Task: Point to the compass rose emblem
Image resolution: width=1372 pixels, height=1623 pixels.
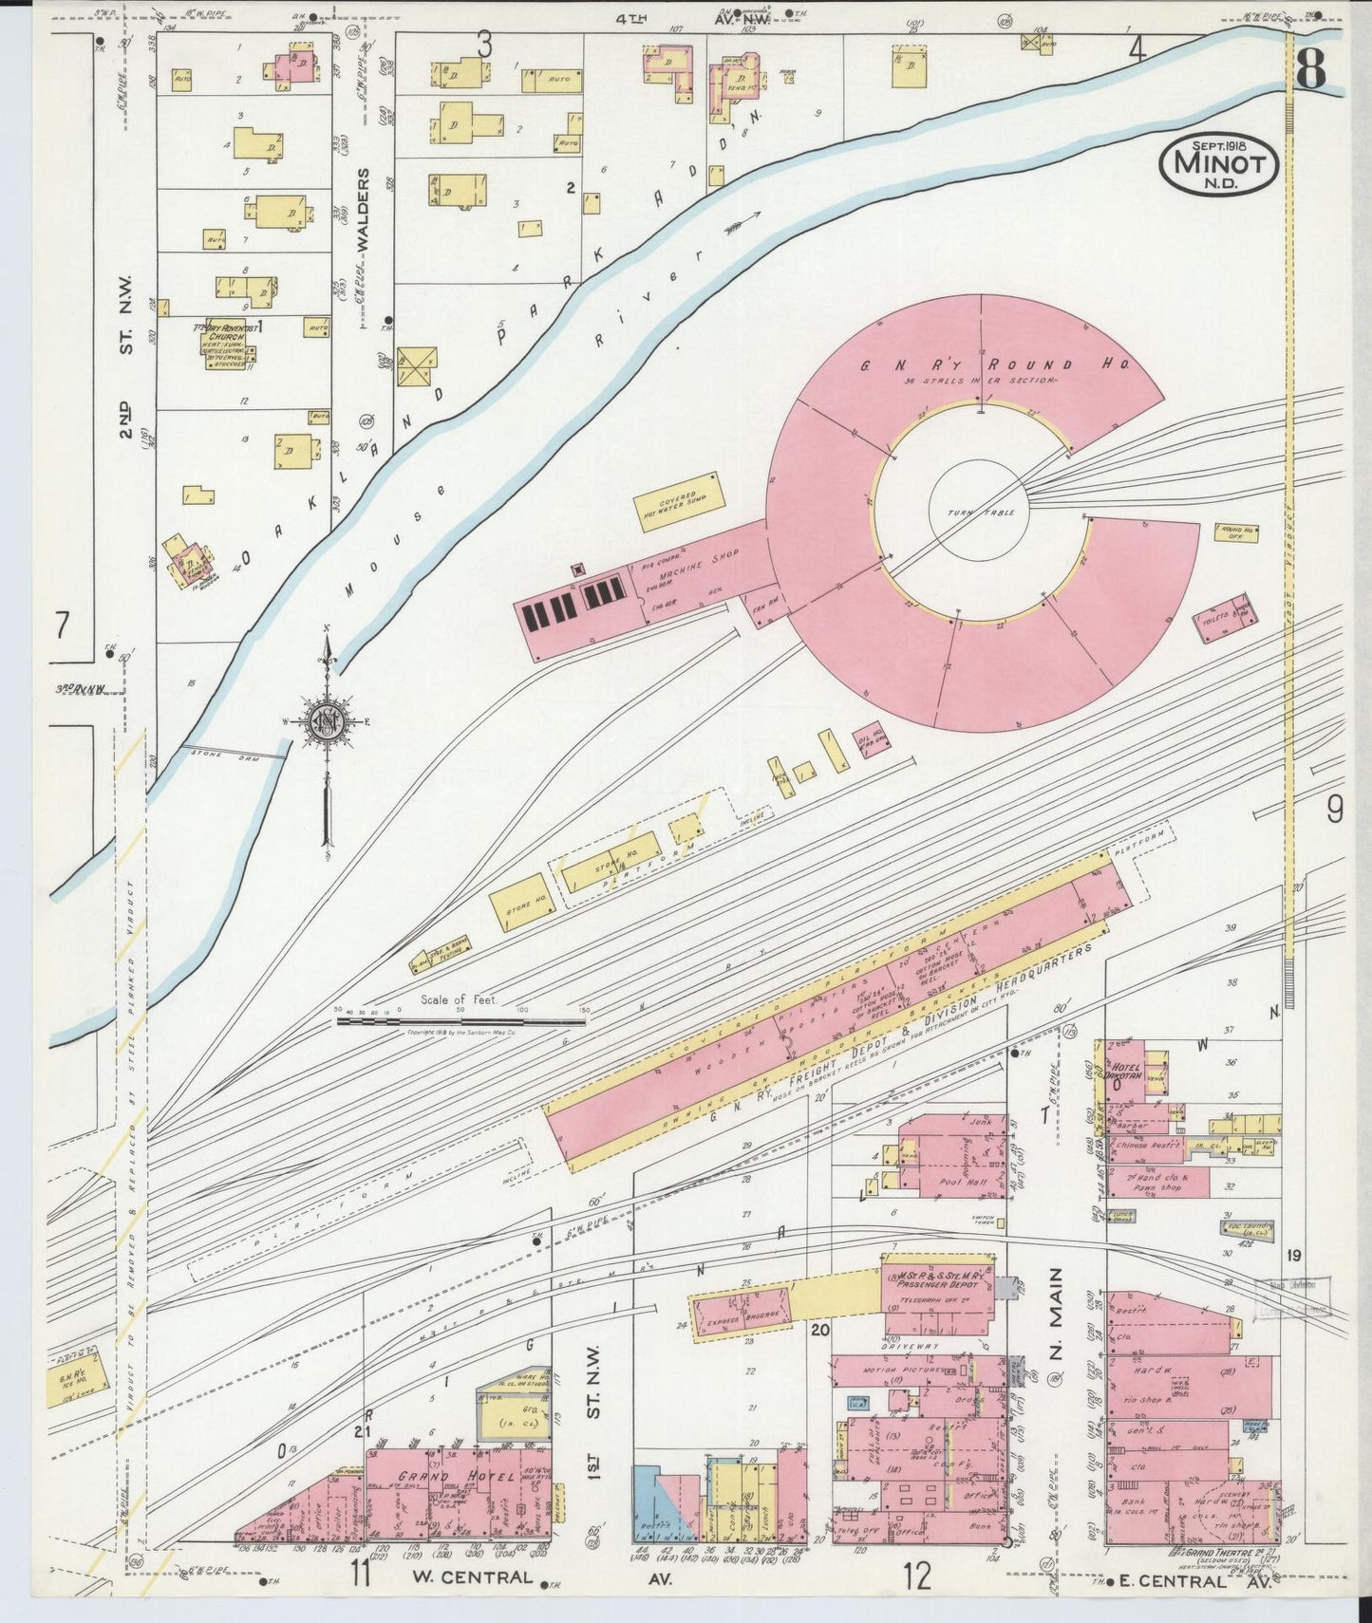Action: pos(328,723)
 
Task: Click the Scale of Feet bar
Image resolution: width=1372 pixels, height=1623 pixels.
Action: pos(460,1021)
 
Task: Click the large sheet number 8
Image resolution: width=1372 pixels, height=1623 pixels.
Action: pos(1311,68)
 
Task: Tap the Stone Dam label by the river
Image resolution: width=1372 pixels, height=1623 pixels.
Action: pos(214,754)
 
